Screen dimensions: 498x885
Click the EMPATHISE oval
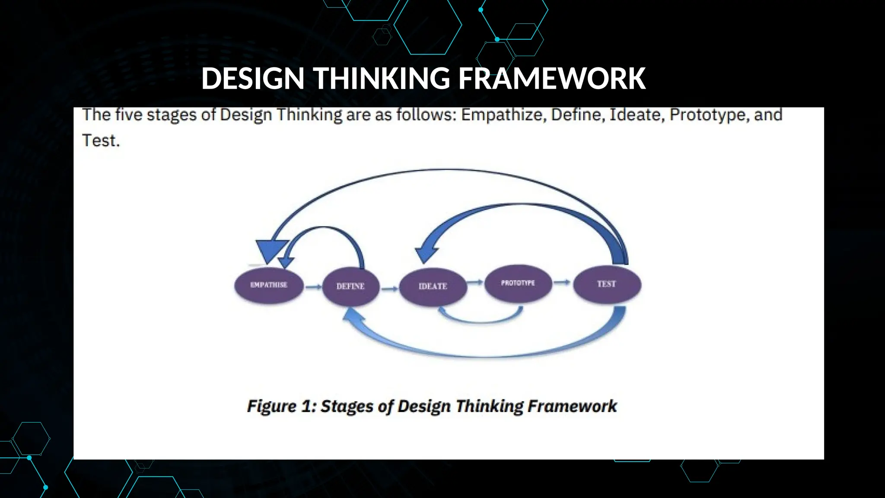[x=269, y=285]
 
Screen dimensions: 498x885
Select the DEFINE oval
[x=350, y=286]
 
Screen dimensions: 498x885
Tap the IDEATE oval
[x=433, y=286]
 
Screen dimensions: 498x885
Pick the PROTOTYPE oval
[x=518, y=283]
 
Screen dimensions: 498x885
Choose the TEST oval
[x=607, y=284]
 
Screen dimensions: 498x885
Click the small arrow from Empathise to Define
[x=313, y=287]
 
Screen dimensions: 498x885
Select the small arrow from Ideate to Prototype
[x=475, y=282]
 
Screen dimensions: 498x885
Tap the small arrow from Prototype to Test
[x=562, y=282]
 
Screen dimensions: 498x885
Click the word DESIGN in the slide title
[x=253, y=79]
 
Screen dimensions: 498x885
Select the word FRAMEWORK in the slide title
[x=552, y=79]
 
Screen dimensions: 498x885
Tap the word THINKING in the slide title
[x=382, y=79]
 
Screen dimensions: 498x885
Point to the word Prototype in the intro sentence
[x=709, y=115]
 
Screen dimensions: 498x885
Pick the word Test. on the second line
[x=101, y=141]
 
